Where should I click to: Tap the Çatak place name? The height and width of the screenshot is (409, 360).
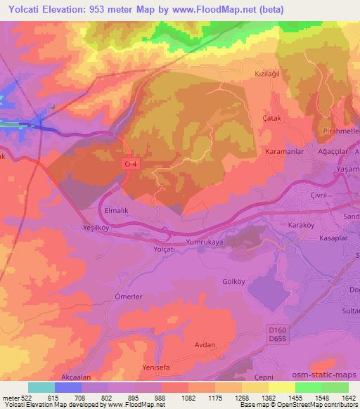click(271, 119)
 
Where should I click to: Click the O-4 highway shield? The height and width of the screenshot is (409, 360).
click(130, 163)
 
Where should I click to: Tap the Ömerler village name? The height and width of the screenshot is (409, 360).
click(129, 297)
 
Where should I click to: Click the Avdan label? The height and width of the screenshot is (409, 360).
click(205, 345)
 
